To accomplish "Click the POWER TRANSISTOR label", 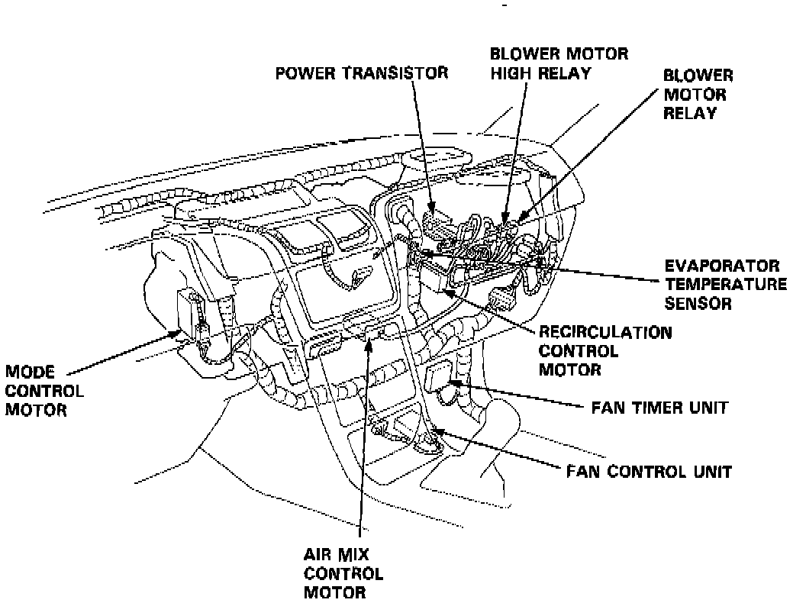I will pos(362,73).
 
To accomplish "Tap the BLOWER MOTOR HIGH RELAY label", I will pos(559,63).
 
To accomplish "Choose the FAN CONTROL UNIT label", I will pos(649,471).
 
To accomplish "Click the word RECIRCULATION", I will pos(605,333).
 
